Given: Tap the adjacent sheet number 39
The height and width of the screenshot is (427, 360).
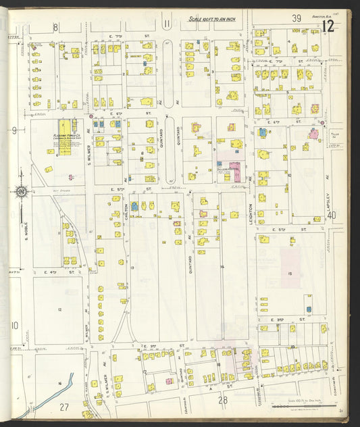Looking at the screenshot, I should [x=296, y=18].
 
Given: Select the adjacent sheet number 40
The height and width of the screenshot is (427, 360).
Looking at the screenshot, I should [x=331, y=215].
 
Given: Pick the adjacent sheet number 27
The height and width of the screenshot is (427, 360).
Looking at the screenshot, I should [x=64, y=406].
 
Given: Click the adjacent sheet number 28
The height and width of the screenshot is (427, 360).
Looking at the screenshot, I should [x=223, y=400].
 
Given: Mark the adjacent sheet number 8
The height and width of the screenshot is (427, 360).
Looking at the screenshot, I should [x=56, y=26].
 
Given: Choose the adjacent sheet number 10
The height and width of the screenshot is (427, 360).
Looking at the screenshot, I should [x=14, y=325].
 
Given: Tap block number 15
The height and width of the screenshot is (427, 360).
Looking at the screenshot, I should [x=288, y=273].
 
